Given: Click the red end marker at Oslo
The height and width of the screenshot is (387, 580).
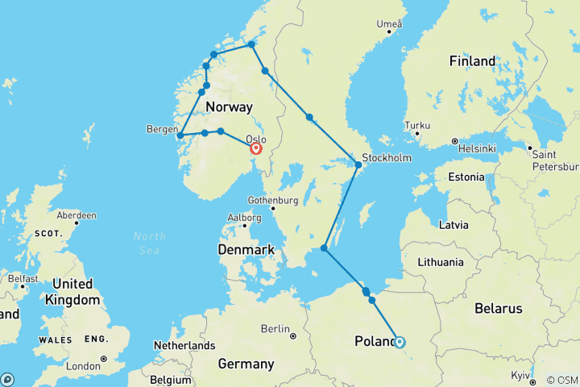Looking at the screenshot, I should [x=256, y=148].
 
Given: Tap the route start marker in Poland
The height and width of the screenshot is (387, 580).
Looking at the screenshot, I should [x=399, y=342].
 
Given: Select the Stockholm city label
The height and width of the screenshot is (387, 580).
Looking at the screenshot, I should [x=388, y=157].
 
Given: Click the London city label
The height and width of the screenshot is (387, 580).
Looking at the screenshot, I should [x=83, y=365].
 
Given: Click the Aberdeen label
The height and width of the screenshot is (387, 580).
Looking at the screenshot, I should [x=77, y=215].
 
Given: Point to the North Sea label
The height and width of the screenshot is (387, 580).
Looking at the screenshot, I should [x=151, y=242].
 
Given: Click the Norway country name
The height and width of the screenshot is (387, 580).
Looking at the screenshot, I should [x=229, y=106].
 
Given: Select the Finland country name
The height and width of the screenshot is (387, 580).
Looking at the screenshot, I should [x=472, y=61].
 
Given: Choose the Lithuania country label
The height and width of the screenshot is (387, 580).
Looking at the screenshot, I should [x=441, y=262].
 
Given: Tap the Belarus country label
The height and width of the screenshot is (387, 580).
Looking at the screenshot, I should [x=498, y=308].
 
